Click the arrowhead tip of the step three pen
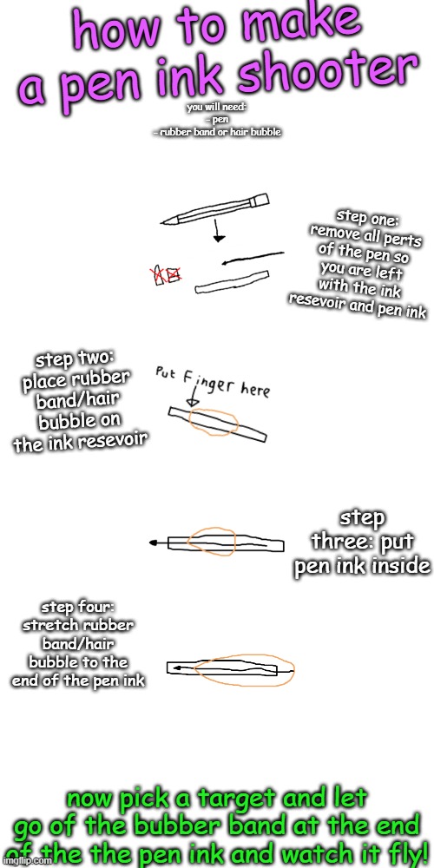(x=153, y=542)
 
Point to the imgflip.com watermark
(x=25, y=862)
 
